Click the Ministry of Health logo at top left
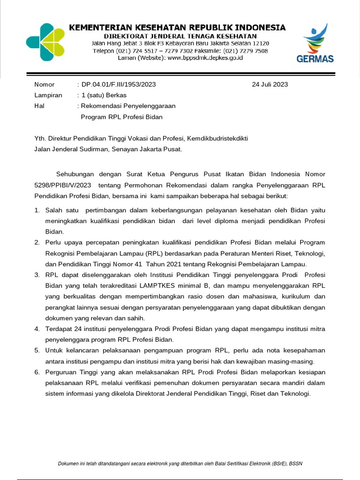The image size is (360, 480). pyautogui.click(x=45, y=42)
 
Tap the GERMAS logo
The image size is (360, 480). pyautogui.click(x=315, y=45)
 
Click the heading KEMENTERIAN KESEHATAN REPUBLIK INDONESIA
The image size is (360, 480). pyautogui.click(x=177, y=28)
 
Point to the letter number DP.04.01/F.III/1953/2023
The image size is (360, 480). pyautogui.click(x=119, y=84)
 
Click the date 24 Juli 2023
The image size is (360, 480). pyautogui.click(x=270, y=84)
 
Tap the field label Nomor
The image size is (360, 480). pyautogui.click(x=45, y=84)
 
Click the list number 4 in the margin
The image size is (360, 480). pyautogui.click(x=37, y=329)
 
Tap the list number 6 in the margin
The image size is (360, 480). pyautogui.click(x=37, y=372)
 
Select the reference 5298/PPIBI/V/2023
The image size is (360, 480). pyautogui.click(x=63, y=185)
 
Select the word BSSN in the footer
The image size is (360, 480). pyautogui.click(x=295, y=464)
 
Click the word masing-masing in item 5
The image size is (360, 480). pyautogui.click(x=290, y=361)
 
